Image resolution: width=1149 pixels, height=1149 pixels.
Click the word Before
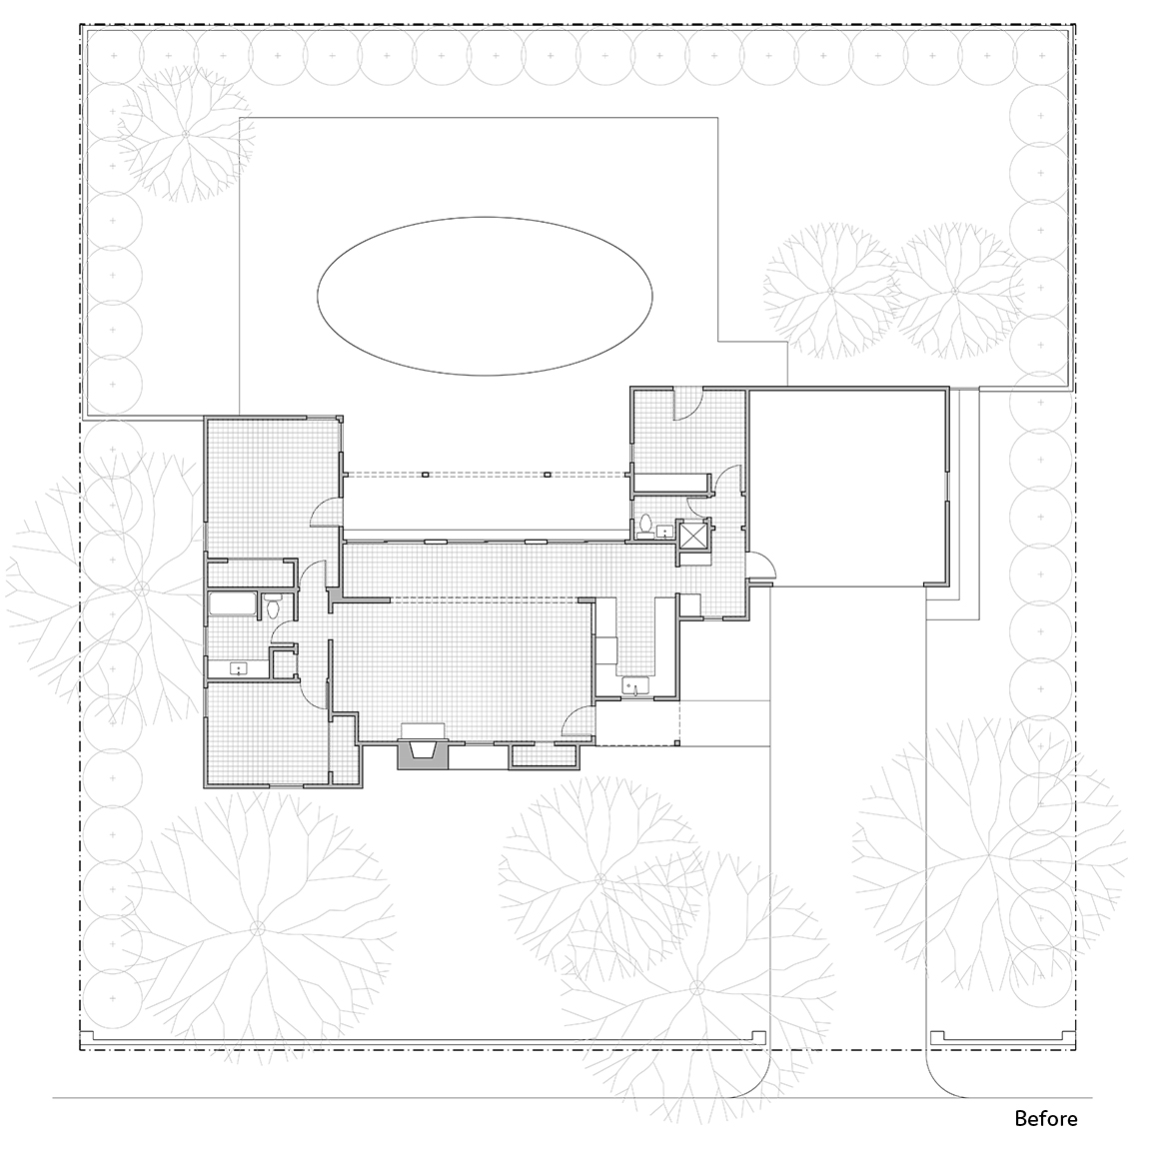tap(1046, 1118)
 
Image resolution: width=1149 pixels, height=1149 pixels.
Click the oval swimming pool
tap(485, 296)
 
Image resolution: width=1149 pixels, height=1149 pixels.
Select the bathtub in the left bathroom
tap(232, 604)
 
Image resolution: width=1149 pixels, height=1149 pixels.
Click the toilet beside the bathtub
tap(273, 605)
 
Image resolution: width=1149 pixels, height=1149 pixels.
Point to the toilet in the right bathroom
tap(645, 527)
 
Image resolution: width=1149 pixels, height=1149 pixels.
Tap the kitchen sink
tap(634, 686)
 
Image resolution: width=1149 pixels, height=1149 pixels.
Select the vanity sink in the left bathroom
tap(238, 668)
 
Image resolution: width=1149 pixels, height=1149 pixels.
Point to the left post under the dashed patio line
tap(425, 475)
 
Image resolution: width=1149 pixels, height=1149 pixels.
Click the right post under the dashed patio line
tap(548, 475)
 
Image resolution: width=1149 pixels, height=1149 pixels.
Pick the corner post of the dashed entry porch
tap(677, 743)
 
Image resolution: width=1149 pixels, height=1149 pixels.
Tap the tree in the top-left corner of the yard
tap(186, 133)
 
